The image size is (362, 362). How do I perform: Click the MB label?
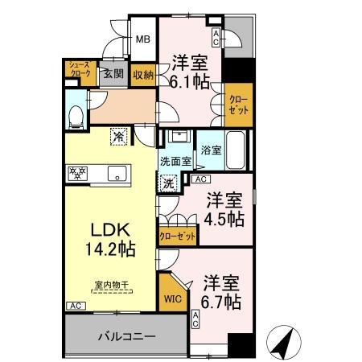pyautogui.click(x=142, y=39)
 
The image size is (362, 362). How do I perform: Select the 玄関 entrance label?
pyautogui.click(x=113, y=74)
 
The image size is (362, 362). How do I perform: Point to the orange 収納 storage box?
pyautogui.click(x=143, y=74)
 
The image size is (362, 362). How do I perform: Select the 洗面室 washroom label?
pyautogui.click(x=175, y=161)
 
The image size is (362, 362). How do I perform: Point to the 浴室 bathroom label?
pyautogui.click(x=211, y=150)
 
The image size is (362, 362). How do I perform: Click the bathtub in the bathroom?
pyautogui.click(x=236, y=150)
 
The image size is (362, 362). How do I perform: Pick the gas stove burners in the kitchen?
pyautogui.click(x=78, y=172)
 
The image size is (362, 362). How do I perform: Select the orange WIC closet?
pyautogui.click(x=173, y=298)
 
